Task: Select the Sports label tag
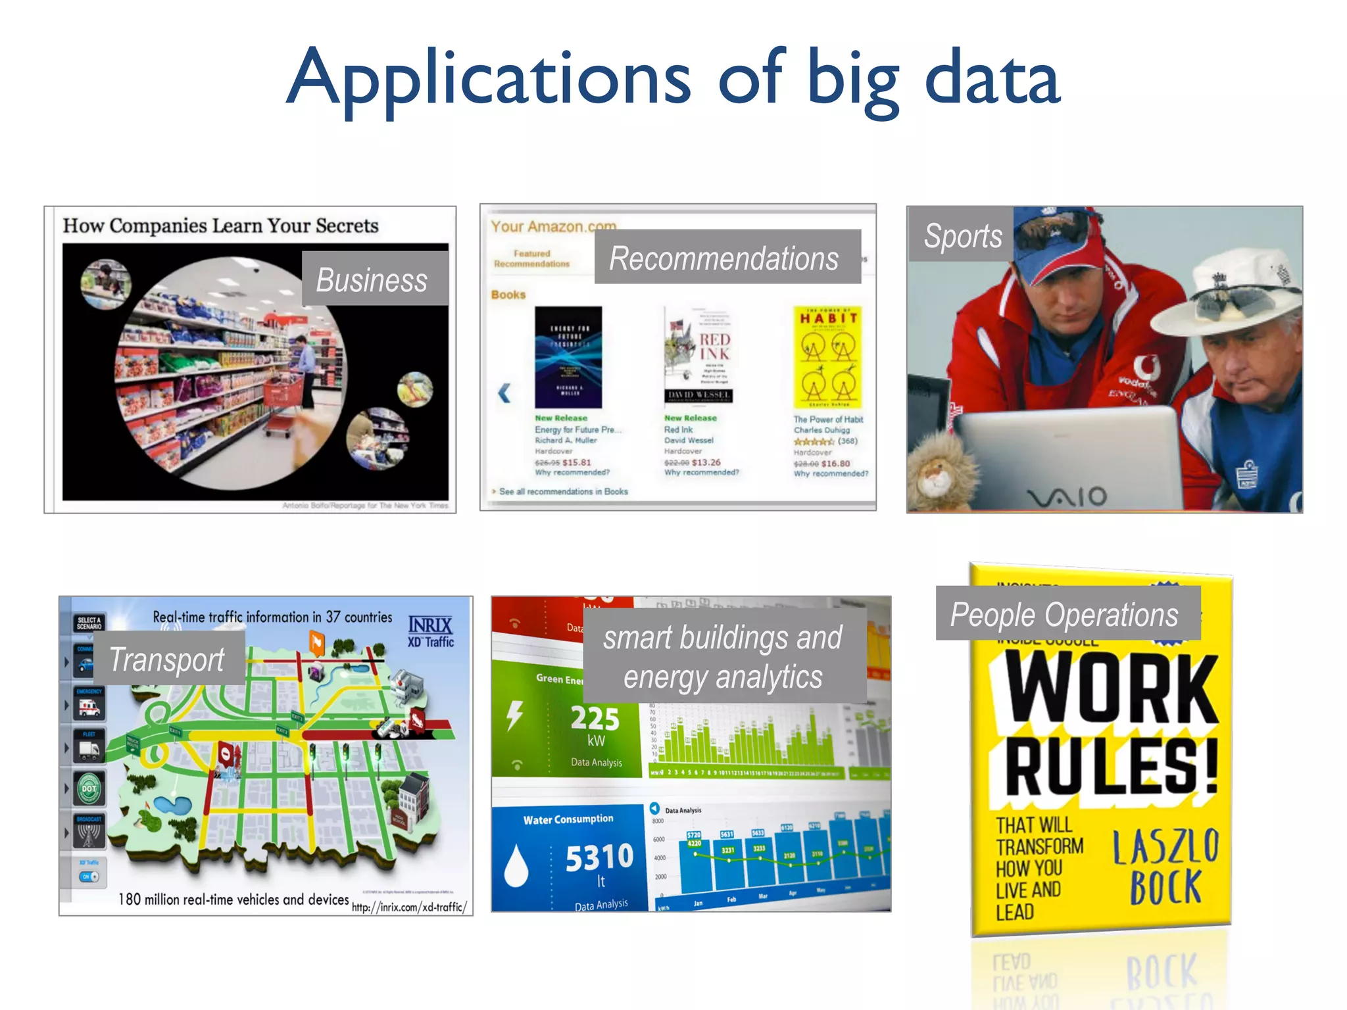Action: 962,235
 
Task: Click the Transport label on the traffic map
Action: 168,658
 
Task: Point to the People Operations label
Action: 1066,614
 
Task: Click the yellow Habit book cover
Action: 828,357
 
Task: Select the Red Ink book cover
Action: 698,355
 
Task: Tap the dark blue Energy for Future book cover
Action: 568,357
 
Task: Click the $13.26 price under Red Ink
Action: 706,462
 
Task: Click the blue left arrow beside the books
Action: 504,393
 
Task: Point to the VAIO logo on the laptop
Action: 1068,497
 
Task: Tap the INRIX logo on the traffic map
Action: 430,625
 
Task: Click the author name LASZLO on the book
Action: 1165,847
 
